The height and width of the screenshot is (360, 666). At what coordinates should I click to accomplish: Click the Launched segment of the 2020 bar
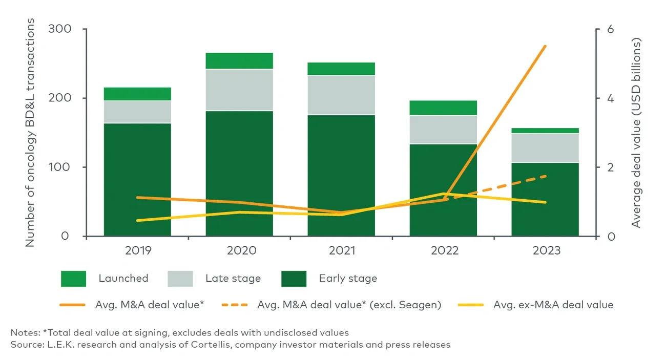[239, 61]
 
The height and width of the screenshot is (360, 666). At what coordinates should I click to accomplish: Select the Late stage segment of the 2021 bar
[341, 95]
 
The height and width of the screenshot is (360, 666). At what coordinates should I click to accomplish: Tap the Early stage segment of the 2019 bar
[137, 179]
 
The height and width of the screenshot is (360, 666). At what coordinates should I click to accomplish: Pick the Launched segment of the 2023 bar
[545, 131]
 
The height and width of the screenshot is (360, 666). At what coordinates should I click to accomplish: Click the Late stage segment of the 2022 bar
[443, 130]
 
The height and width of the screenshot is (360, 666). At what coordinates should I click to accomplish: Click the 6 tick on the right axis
[610, 29]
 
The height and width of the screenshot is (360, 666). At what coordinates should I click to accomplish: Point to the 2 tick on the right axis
[610, 167]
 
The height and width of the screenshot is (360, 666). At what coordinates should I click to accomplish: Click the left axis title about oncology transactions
[31, 133]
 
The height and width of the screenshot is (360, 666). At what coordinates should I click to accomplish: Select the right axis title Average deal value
[636, 133]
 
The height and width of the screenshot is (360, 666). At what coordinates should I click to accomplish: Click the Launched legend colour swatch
[73, 279]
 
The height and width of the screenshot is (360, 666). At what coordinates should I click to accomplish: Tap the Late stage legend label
[233, 279]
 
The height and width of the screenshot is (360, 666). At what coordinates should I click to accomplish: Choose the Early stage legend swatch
[294, 279]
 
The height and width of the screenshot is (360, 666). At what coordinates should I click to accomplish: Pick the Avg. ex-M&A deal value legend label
[553, 305]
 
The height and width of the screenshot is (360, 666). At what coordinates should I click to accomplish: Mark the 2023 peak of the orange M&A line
[545, 46]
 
